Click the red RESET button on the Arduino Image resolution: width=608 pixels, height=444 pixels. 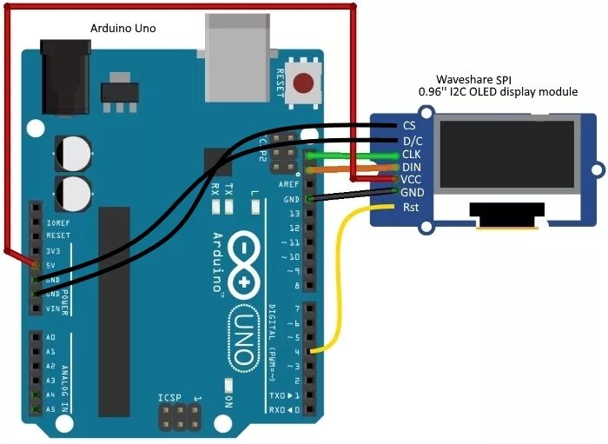pyautogui.click(x=304, y=83)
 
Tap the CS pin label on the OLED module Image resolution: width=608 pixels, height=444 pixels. pyautogui.click(x=409, y=126)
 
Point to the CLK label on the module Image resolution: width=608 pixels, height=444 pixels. pyautogui.click(x=412, y=154)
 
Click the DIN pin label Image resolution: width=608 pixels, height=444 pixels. pyautogui.click(x=412, y=167)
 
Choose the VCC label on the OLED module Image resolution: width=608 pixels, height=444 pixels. pyautogui.click(x=412, y=180)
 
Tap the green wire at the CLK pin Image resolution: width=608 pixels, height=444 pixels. pyautogui.click(x=356, y=156)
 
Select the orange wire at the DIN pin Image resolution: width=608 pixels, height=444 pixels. pyautogui.click(x=356, y=168)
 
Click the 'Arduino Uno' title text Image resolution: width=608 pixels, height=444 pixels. pyautogui.click(x=123, y=29)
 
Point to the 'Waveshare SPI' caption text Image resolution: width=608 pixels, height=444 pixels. pyautogui.click(x=474, y=78)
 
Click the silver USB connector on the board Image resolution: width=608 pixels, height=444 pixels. pyautogui.click(x=236, y=48)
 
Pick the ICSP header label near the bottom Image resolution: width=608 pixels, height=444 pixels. pyautogui.click(x=169, y=398)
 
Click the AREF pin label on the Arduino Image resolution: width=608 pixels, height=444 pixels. pyautogui.click(x=288, y=185)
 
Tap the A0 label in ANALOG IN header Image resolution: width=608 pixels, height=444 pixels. pyautogui.click(x=50, y=337)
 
